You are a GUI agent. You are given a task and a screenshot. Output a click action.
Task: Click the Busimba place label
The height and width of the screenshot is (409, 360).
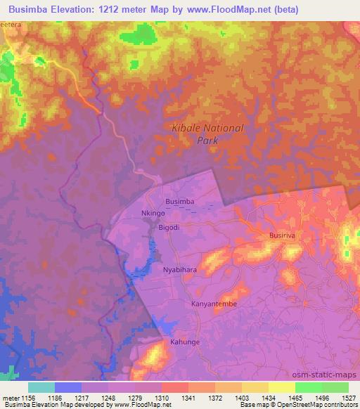(x=179, y=202)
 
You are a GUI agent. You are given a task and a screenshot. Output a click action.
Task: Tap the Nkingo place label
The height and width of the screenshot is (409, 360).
(x=153, y=212)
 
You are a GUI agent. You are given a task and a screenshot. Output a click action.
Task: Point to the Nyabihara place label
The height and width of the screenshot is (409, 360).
(x=181, y=269)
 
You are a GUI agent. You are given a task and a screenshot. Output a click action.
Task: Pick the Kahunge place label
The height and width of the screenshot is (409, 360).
(x=185, y=342)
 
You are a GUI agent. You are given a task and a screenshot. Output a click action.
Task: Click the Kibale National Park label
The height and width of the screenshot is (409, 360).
(x=208, y=134)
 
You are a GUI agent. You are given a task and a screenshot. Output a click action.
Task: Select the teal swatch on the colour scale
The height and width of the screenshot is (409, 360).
(x=41, y=387)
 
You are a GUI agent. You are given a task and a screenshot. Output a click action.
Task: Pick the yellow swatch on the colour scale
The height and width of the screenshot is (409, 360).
(x=281, y=387)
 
